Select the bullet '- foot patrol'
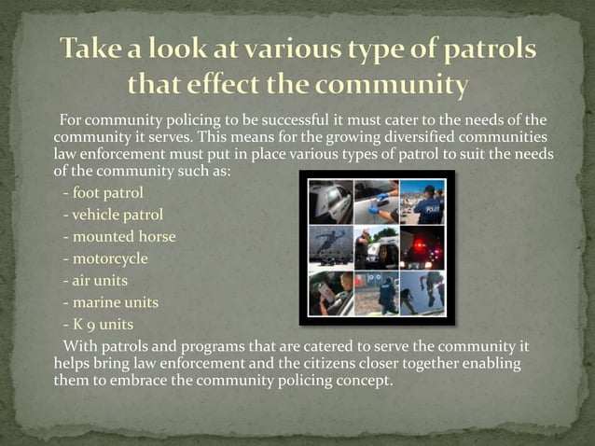coord(103,194)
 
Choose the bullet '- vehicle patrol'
coord(112,216)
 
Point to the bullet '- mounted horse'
coord(118,237)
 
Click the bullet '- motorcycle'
coord(105,258)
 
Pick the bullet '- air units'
coord(95,280)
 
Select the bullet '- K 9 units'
coord(98,325)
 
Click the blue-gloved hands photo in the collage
coord(376,201)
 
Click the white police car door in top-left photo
coord(330,201)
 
